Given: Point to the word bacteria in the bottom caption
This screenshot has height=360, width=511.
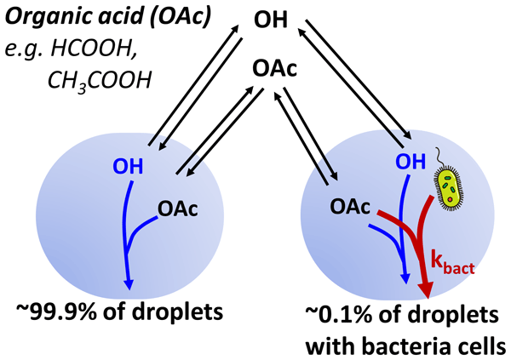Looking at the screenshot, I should click(x=414, y=345).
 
